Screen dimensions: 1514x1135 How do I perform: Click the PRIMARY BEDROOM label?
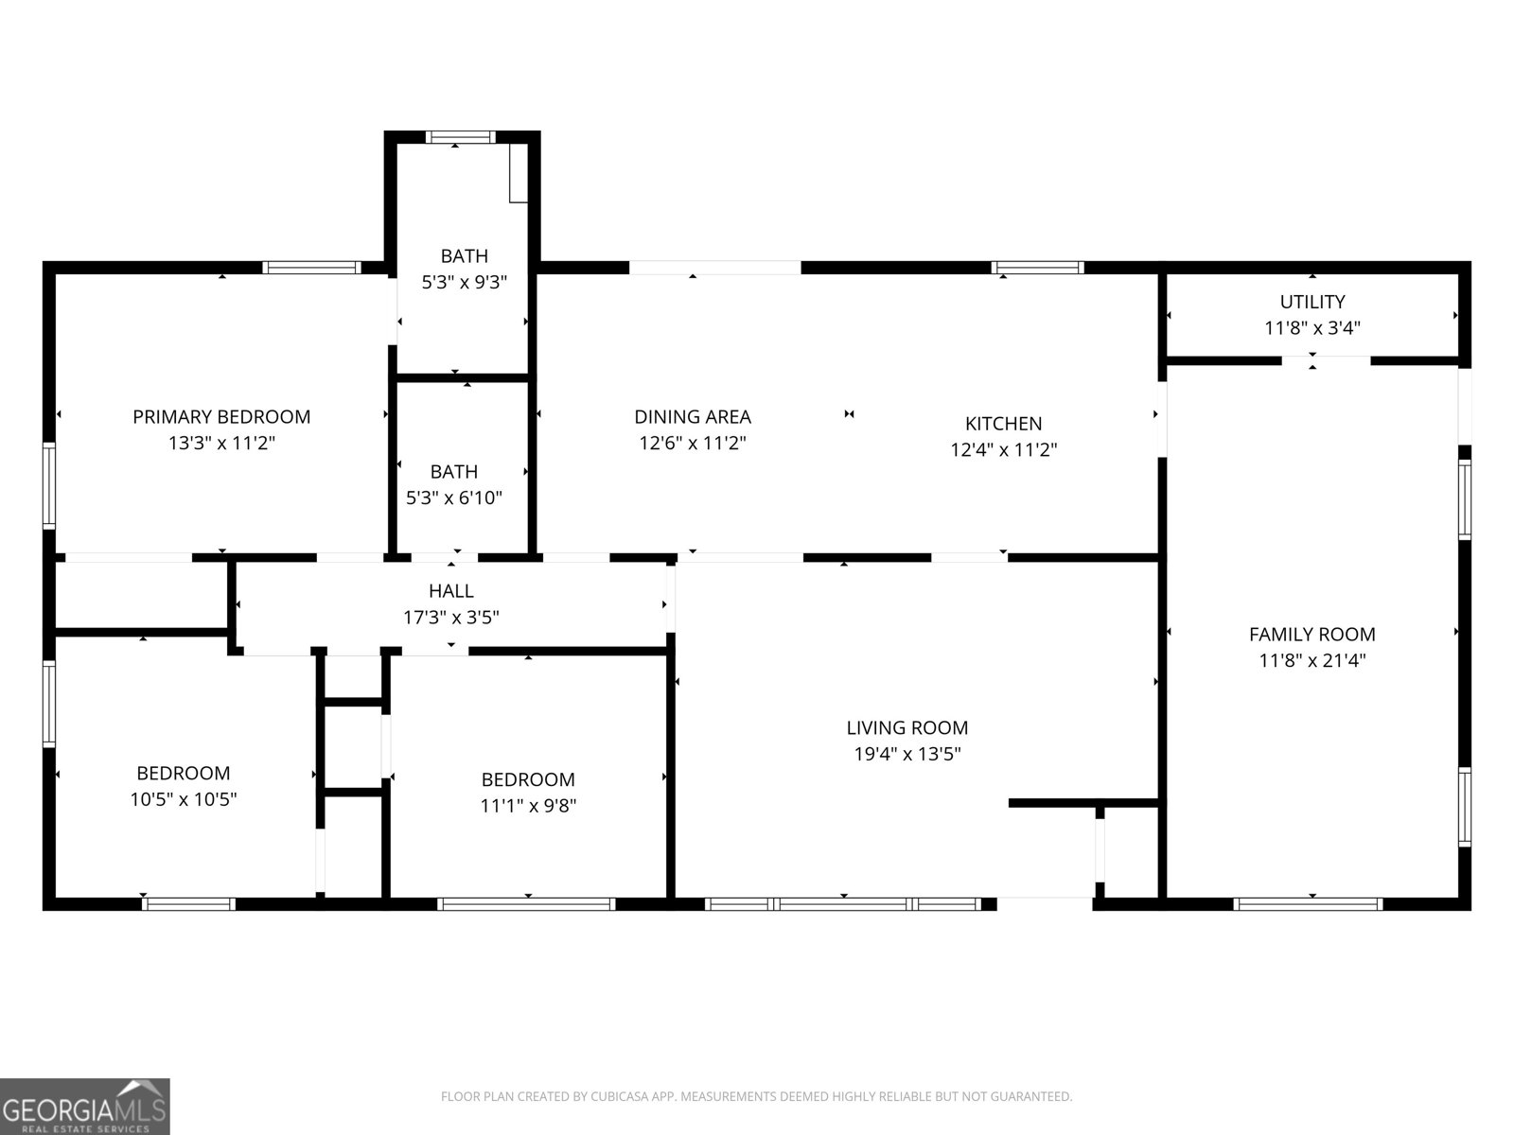[x=221, y=416]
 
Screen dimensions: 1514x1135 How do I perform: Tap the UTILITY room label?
[x=1312, y=302]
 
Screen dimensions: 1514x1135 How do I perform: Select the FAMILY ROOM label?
[x=1312, y=634]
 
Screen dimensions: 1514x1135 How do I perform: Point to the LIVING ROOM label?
[x=907, y=727]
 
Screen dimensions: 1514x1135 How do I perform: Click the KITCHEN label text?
[x=1004, y=423]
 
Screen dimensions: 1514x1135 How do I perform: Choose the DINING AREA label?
[x=693, y=416]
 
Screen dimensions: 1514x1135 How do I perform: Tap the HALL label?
[x=451, y=590]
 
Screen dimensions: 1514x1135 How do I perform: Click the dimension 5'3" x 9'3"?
[x=465, y=282]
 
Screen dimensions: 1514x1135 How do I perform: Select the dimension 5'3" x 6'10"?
[x=454, y=498]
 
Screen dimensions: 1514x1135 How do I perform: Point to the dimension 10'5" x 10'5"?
[x=184, y=798]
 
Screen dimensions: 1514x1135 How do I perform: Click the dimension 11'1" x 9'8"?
[x=528, y=805]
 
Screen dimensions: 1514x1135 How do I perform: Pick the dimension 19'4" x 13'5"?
[x=907, y=753]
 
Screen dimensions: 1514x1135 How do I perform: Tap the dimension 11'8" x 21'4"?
[x=1312, y=660]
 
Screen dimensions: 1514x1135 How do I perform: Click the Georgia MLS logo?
[x=85, y=1106]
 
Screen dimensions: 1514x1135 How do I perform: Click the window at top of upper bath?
[x=460, y=136]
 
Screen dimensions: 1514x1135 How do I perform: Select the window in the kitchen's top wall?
[x=1037, y=268]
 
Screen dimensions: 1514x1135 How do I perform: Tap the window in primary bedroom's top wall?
[x=311, y=268]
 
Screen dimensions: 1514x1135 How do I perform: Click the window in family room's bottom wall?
[x=1308, y=904]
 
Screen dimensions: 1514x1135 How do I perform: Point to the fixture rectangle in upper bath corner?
[x=518, y=173]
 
